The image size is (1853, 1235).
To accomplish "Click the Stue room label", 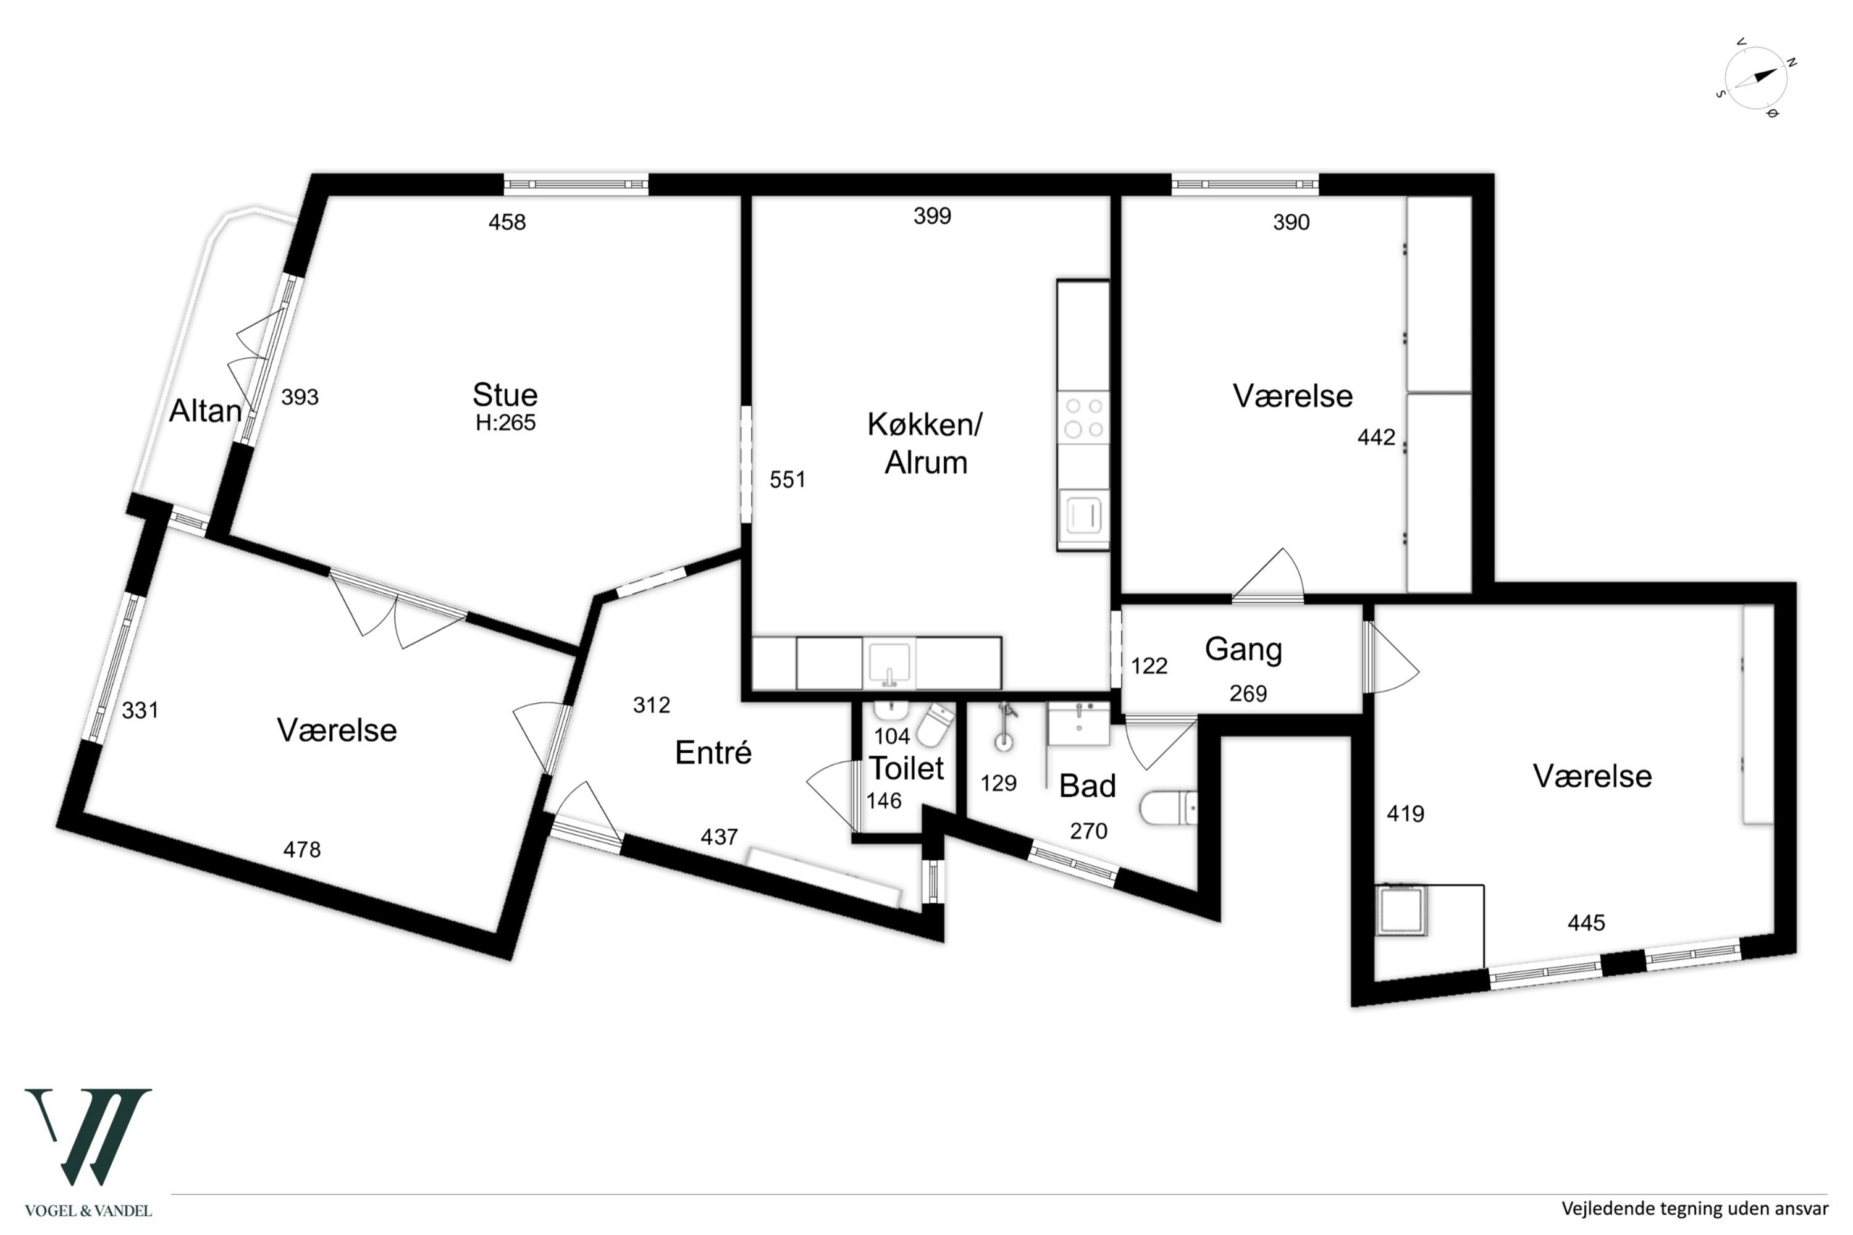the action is click(505, 394).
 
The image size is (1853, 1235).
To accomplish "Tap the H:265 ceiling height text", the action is click(505, 423).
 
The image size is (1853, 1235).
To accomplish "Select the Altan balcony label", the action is click(205, 411).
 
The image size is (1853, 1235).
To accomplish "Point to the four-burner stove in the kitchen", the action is click(1083, 417).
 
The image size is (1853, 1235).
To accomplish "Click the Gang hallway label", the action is click(1243, 650).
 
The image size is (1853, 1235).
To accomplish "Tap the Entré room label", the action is click(713, 752).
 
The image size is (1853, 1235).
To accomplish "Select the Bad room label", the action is click(1087, 785).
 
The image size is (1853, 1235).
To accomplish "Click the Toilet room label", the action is click(906, 768).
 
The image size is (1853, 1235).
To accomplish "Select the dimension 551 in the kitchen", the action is click(787, 480).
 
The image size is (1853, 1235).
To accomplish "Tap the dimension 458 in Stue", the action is click(506, 222).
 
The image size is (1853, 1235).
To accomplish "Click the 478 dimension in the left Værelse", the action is click(302, 849).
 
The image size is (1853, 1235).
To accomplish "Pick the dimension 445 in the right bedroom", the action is click(1586, 923).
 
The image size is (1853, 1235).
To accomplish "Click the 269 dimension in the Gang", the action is click(1248, 693).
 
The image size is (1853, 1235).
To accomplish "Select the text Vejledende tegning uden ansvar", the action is click(1695, 1207).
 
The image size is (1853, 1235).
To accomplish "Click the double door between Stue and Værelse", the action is click(398, 607).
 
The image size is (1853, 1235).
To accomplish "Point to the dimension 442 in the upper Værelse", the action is click(1376, 437).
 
